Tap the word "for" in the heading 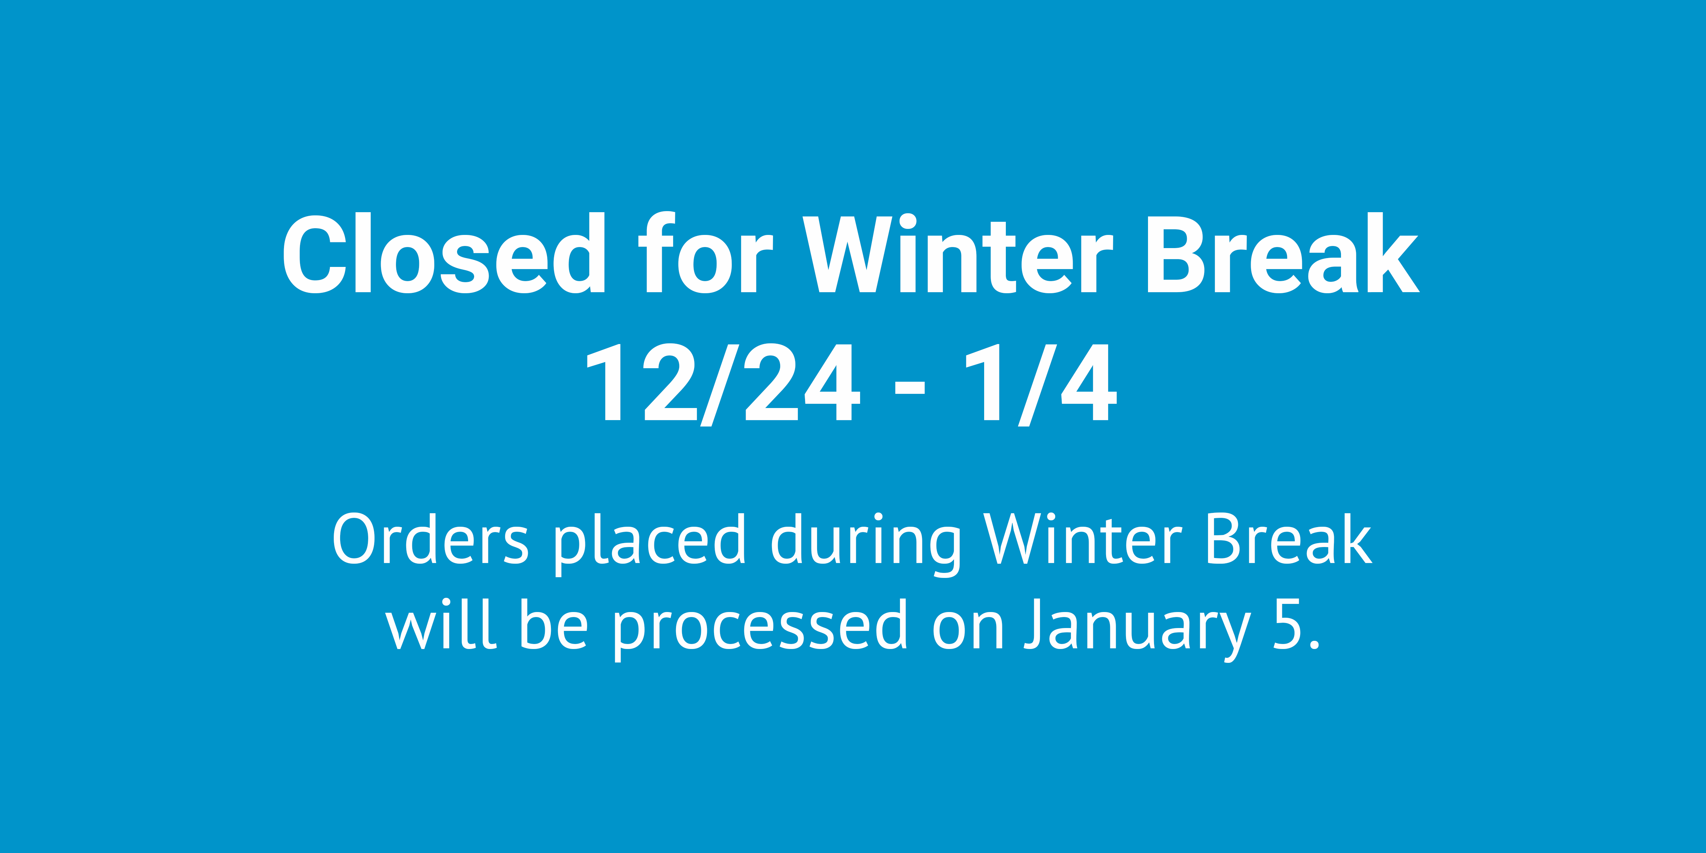[x=705, y=254]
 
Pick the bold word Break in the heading [x=1282, y=254]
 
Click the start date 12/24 [x=722, y=384]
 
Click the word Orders [x=430, y=540]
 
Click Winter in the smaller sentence [x=1083, y=540]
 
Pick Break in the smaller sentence [x=1288, y=540]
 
